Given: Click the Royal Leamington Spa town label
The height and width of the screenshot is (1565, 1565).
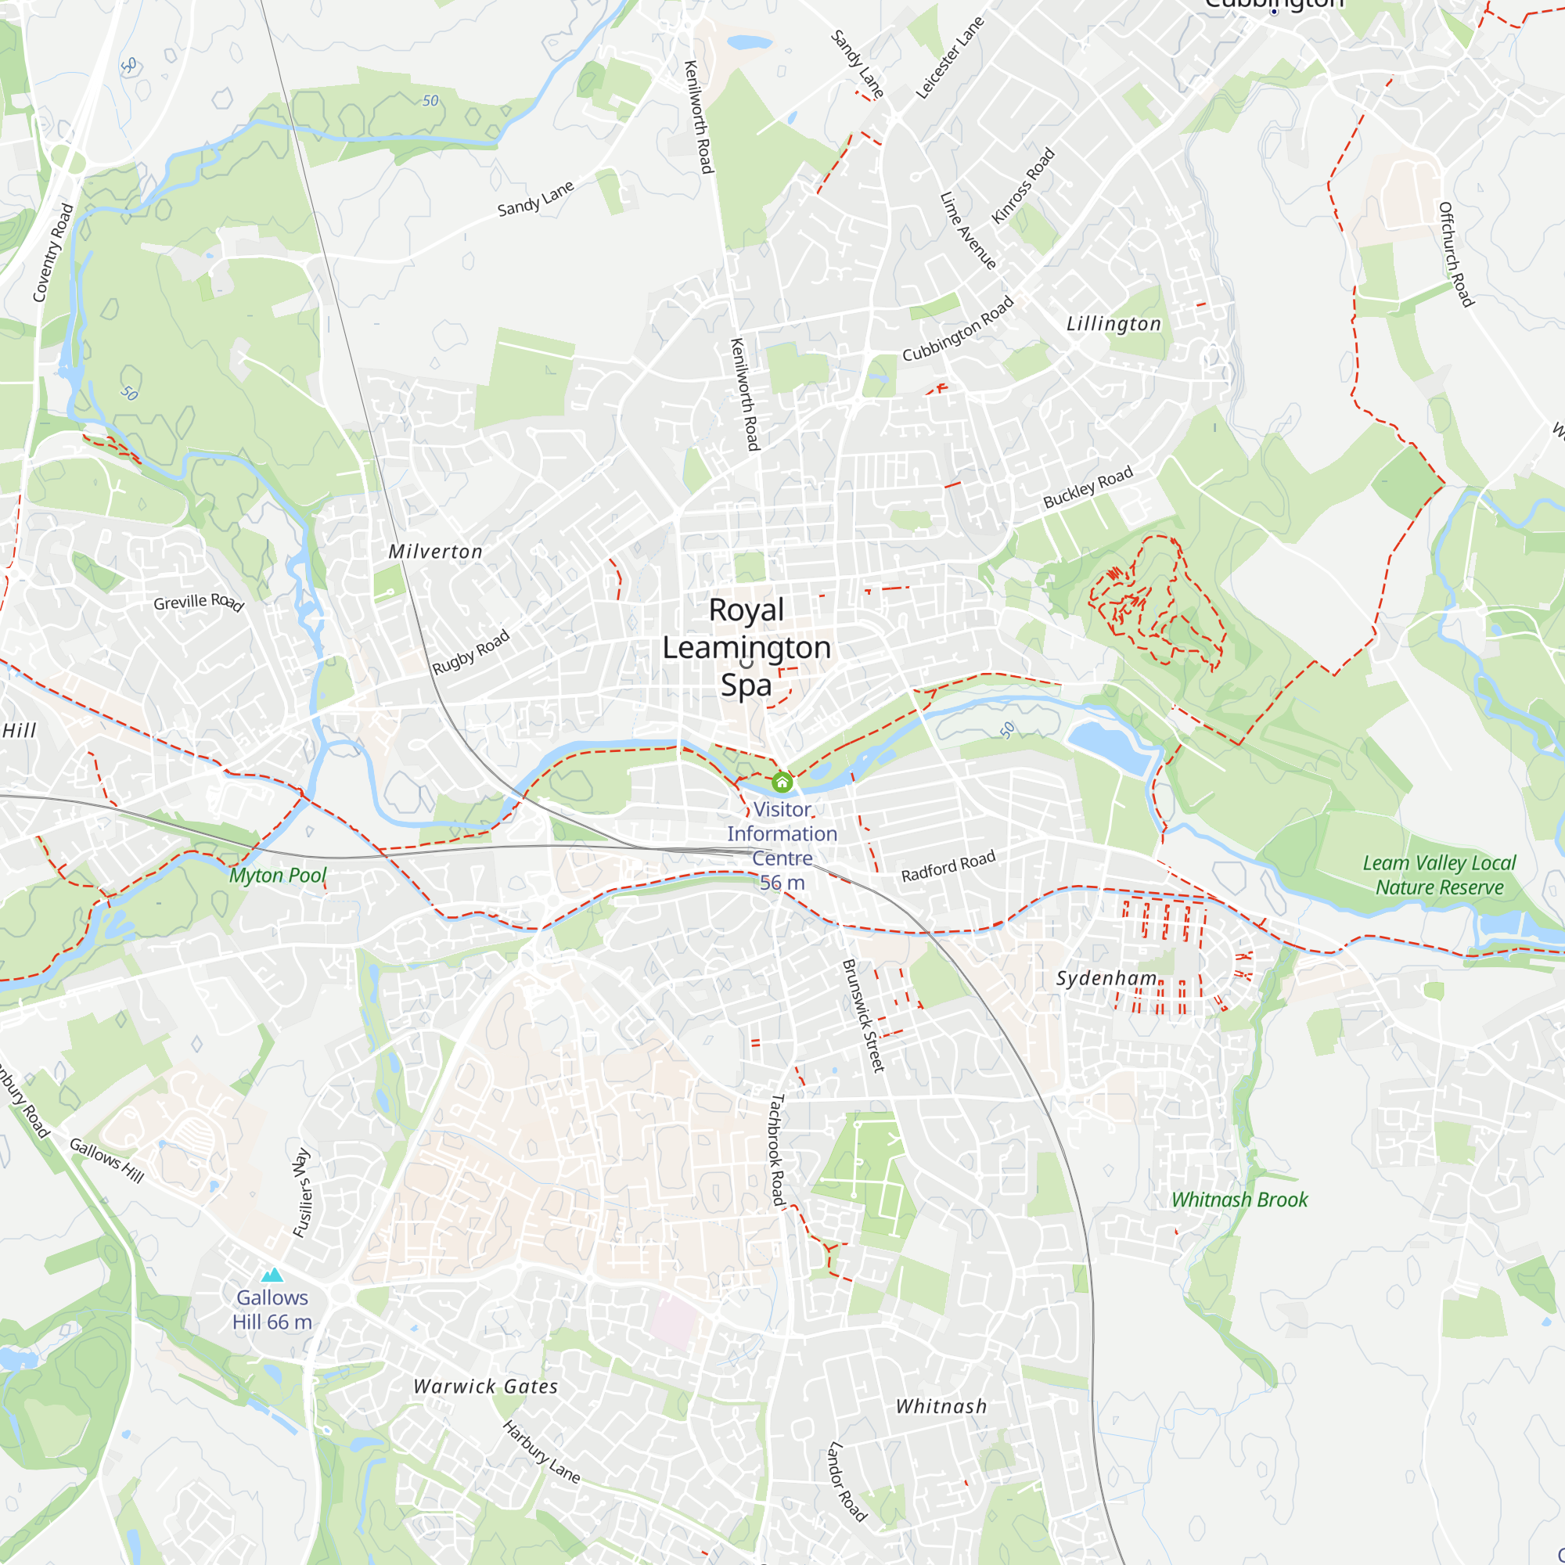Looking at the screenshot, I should coord(746,647).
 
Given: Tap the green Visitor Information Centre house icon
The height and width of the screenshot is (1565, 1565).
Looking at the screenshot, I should coord(782,782).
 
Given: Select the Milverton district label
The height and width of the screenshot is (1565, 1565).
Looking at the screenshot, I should coord(435,552).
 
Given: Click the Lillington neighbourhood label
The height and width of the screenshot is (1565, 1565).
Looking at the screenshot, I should coord(1113,324).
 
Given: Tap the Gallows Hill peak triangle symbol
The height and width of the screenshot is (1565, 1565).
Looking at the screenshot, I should coord(273,1275).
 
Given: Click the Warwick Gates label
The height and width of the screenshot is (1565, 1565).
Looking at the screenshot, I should coord(485,1386).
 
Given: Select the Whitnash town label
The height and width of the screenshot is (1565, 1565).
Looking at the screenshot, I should coord(941,1406).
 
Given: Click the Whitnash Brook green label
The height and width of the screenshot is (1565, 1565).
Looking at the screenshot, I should coord(1239,1200).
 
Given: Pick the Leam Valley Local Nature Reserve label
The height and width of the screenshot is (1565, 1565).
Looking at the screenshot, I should coord(1439,875).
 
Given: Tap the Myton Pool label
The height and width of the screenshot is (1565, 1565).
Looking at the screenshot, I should coord(278,875).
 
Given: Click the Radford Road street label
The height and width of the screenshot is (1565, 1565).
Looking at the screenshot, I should coord(948,867).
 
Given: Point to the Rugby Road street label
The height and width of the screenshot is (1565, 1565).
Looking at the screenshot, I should coord(470,652).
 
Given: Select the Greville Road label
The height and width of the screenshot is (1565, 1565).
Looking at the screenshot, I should coord(199,602).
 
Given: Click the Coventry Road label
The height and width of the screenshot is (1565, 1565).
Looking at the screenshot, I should coord(52,253).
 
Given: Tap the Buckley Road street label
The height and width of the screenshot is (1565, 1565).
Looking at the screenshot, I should coord(1087,487).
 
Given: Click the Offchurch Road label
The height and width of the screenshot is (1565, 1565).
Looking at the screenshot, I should coord(1455,254).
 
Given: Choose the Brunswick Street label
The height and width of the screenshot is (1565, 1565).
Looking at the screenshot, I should coord(864,1016).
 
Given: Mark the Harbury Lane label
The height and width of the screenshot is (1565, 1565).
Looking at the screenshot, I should coord(541,1452).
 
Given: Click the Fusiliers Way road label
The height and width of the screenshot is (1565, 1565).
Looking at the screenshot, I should coord(300,1193).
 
